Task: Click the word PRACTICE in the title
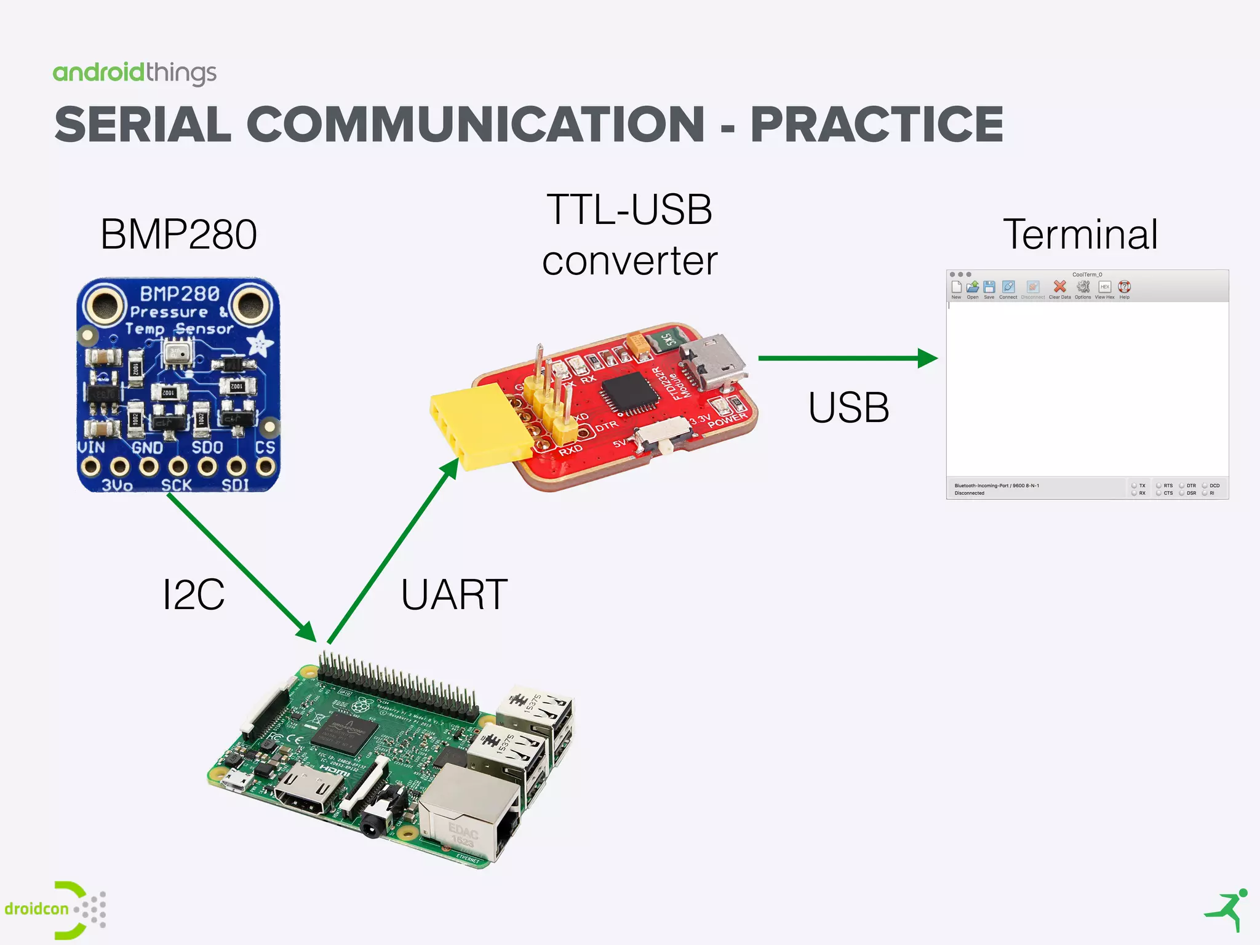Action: (x=876, y=124)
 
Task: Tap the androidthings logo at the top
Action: (x=134, y=73)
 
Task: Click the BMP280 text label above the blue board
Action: (x=178, y=234)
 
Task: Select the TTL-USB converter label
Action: (x=629, y=235)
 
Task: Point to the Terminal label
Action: (x=1080, y=234)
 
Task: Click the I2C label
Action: (x=193, y=594)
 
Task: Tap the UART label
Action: (x=454, y=595)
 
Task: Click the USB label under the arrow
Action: (x=848, y=407)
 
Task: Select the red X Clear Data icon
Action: (x=1059, y=287)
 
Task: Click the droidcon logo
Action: (x=55, y=909)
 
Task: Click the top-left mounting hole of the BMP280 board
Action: (x=103, y=303)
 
